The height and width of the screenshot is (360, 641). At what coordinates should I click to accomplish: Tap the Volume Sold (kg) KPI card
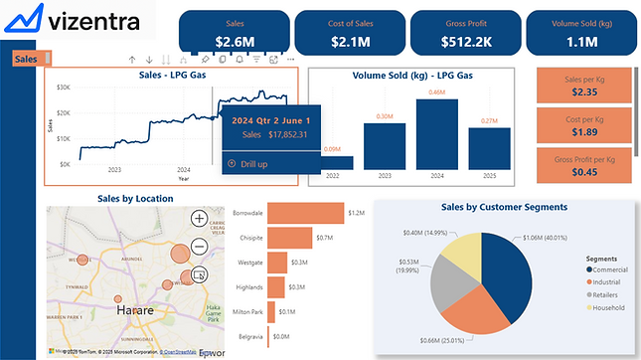point(581,33)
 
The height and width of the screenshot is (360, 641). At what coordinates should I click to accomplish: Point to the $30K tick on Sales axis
point(62,88)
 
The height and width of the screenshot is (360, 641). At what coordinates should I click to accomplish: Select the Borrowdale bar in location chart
point(304,214)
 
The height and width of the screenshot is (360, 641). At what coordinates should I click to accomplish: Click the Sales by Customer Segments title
point(504,207)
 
